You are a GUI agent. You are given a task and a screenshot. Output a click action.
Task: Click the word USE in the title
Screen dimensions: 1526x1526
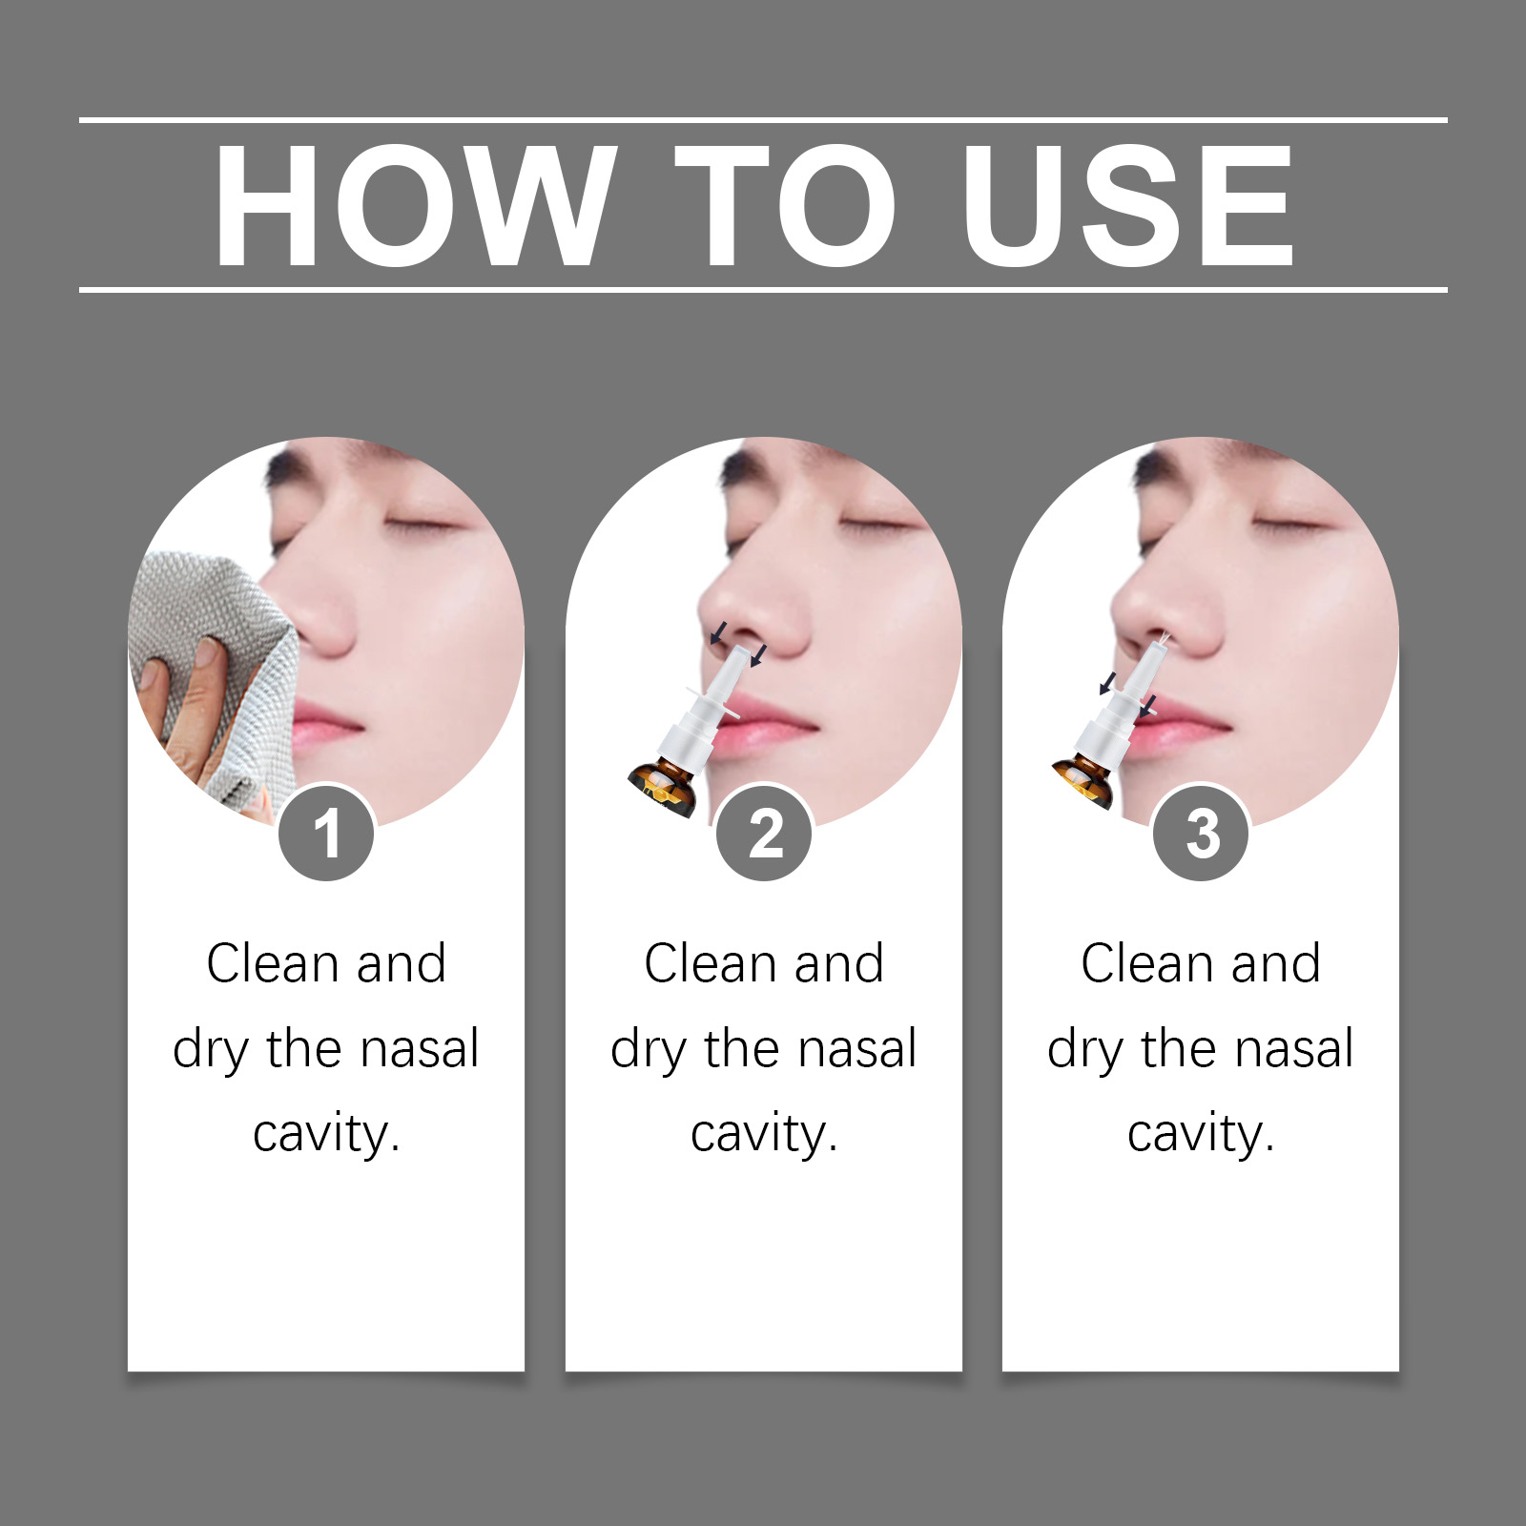pos(1127,205)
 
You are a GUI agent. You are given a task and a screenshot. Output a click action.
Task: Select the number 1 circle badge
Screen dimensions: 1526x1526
pos(326,834)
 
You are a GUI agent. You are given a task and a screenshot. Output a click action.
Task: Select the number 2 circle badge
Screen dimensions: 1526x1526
pos(764,834)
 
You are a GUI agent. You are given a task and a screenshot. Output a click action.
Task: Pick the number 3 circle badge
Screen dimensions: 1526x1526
pos(1201,834)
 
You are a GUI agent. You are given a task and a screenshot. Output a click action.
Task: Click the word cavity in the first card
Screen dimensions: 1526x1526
pos(326,1134)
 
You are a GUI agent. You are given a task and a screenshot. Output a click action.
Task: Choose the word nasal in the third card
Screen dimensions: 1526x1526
pos(1294,1049)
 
